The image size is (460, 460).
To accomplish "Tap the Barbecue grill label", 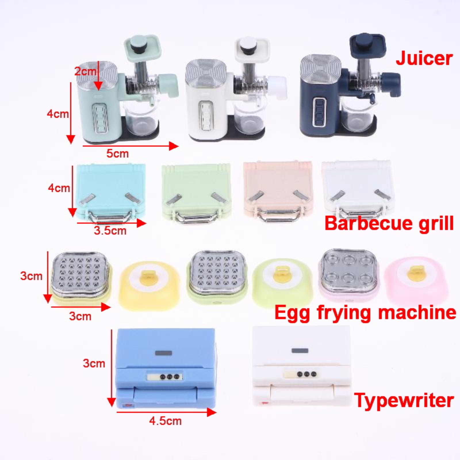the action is [x=389, y=223].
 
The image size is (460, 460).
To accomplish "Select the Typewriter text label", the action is [x=404, y=400].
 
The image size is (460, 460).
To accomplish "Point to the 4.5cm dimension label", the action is [x=165, y=421].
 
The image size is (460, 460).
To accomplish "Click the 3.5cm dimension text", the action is [x=110, y=230].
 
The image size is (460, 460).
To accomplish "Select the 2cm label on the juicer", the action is [x=85, y=71].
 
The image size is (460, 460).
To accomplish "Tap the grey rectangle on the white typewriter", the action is [x=300, y=350].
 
